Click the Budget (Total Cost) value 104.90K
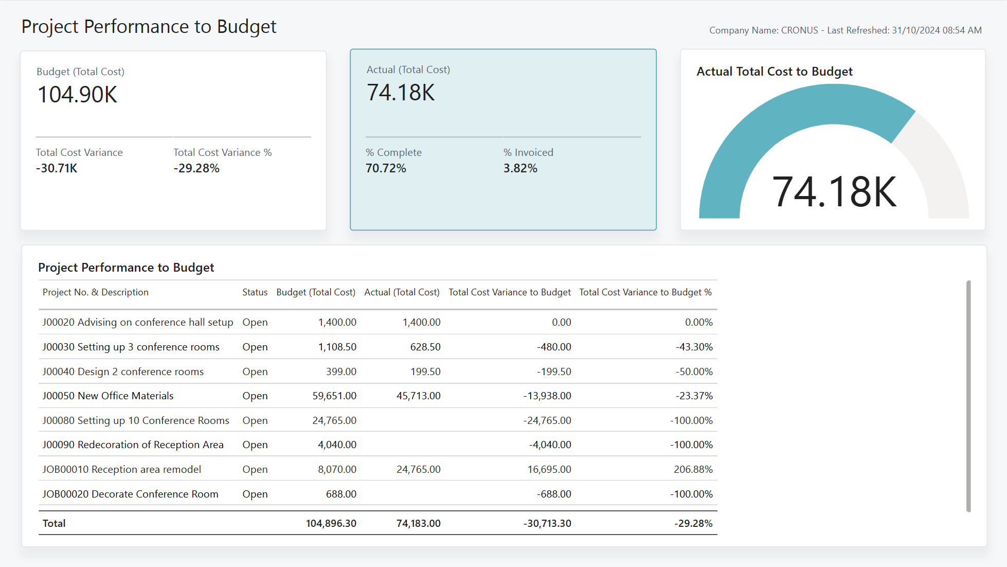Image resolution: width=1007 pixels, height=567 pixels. pos(78,95)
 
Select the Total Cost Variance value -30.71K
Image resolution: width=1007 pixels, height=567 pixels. pos(57,168)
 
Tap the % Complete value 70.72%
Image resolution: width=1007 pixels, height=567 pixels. pos(386,168)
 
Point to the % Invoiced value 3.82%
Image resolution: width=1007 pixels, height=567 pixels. pos(520,168)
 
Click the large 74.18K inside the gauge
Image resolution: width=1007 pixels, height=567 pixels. pos(834,192)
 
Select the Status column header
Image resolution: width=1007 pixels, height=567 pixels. pos(255,292)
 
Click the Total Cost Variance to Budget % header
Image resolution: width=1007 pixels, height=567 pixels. pos(645,292)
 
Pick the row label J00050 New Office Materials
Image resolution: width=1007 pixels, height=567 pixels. pos(108,396)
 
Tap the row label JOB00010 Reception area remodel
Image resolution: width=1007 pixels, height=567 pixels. pos(122,469)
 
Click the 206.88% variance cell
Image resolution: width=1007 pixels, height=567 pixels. pos(693,469)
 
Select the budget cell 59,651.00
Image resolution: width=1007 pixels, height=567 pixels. pos(334,396)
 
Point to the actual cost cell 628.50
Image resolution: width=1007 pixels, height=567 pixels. pos(425,347)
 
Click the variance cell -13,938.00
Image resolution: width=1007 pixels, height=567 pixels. pos(547,396)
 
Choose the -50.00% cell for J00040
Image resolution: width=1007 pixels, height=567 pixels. pos(694,371)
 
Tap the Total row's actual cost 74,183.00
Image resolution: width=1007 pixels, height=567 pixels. pos(419,523)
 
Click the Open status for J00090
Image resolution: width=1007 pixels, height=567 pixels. pos(255,445)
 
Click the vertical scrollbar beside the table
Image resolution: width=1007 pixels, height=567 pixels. pos(968,396)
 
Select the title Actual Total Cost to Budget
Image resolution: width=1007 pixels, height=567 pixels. pos(775,72)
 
